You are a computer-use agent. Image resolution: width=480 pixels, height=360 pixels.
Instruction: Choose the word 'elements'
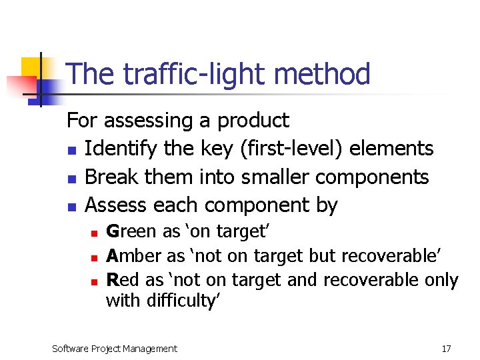pyautogui.click(x=398, y=149)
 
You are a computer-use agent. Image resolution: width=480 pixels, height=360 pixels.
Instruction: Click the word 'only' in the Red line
pyautogui.click(x=441, y=279)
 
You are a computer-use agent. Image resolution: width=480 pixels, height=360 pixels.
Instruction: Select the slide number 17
pyautogui.click(x=446, y=349)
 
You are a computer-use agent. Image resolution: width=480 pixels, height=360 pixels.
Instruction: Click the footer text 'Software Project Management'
pyautogui.click(x=115, y=349)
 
